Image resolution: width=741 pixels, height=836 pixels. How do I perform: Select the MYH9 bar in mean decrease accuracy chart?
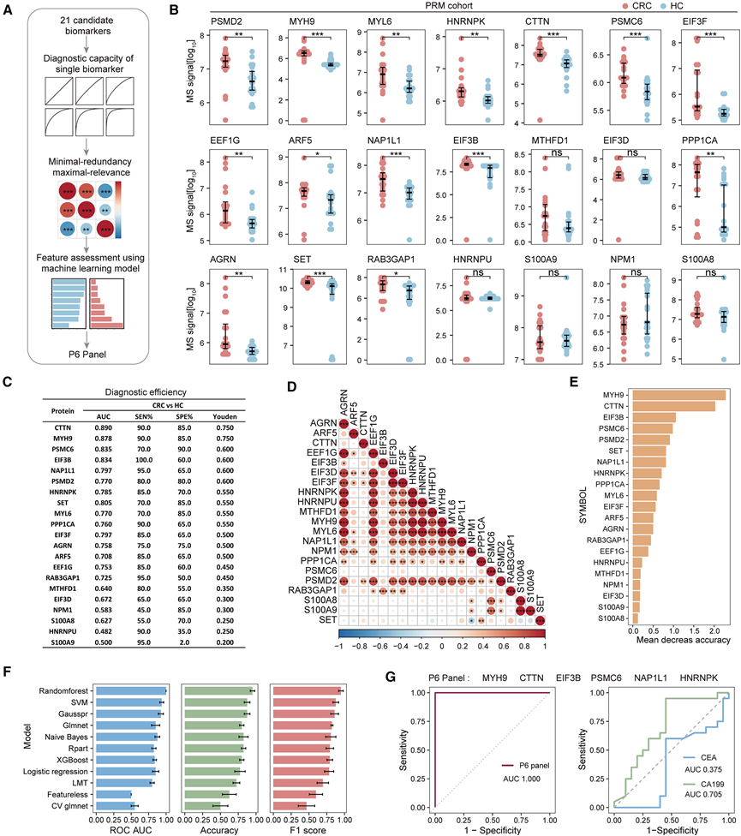point(668,394)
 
